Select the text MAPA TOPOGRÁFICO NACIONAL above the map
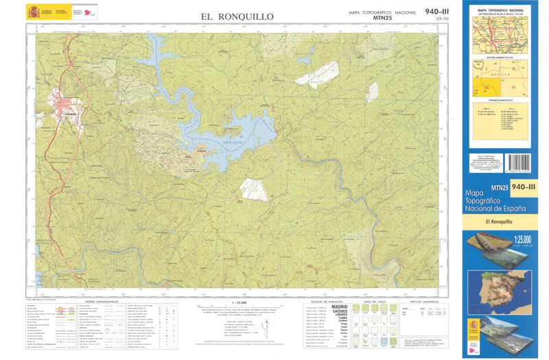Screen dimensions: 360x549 [382, 13]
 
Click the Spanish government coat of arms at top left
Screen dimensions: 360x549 [34, 12]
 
